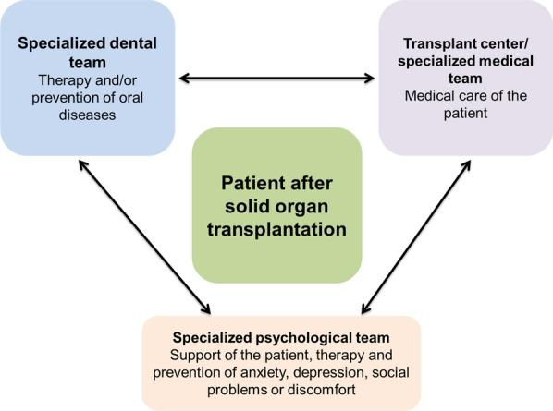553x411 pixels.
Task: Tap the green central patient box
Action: [x=276, y=205]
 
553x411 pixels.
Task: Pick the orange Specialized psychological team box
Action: [x=281, y=362]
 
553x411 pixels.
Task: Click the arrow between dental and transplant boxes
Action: [x=276, y=78]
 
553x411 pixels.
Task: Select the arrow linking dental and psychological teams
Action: [x=142, y=236]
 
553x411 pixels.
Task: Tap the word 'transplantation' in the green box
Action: [x=276, y=227]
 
